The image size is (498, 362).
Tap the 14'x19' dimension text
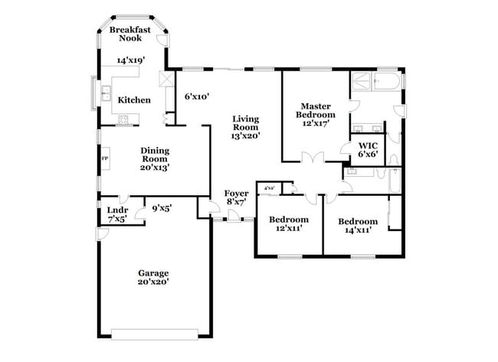(x=129, y=60)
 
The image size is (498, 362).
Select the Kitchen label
(x=133, y=100)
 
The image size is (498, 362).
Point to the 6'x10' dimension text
(x=197, y=96)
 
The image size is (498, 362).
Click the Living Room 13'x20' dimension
(x=246, y=135)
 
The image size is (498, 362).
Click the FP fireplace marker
(x=105, y=158)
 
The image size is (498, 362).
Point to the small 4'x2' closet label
(x=269, y=188)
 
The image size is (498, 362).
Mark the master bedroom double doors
(x=311, y=158)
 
